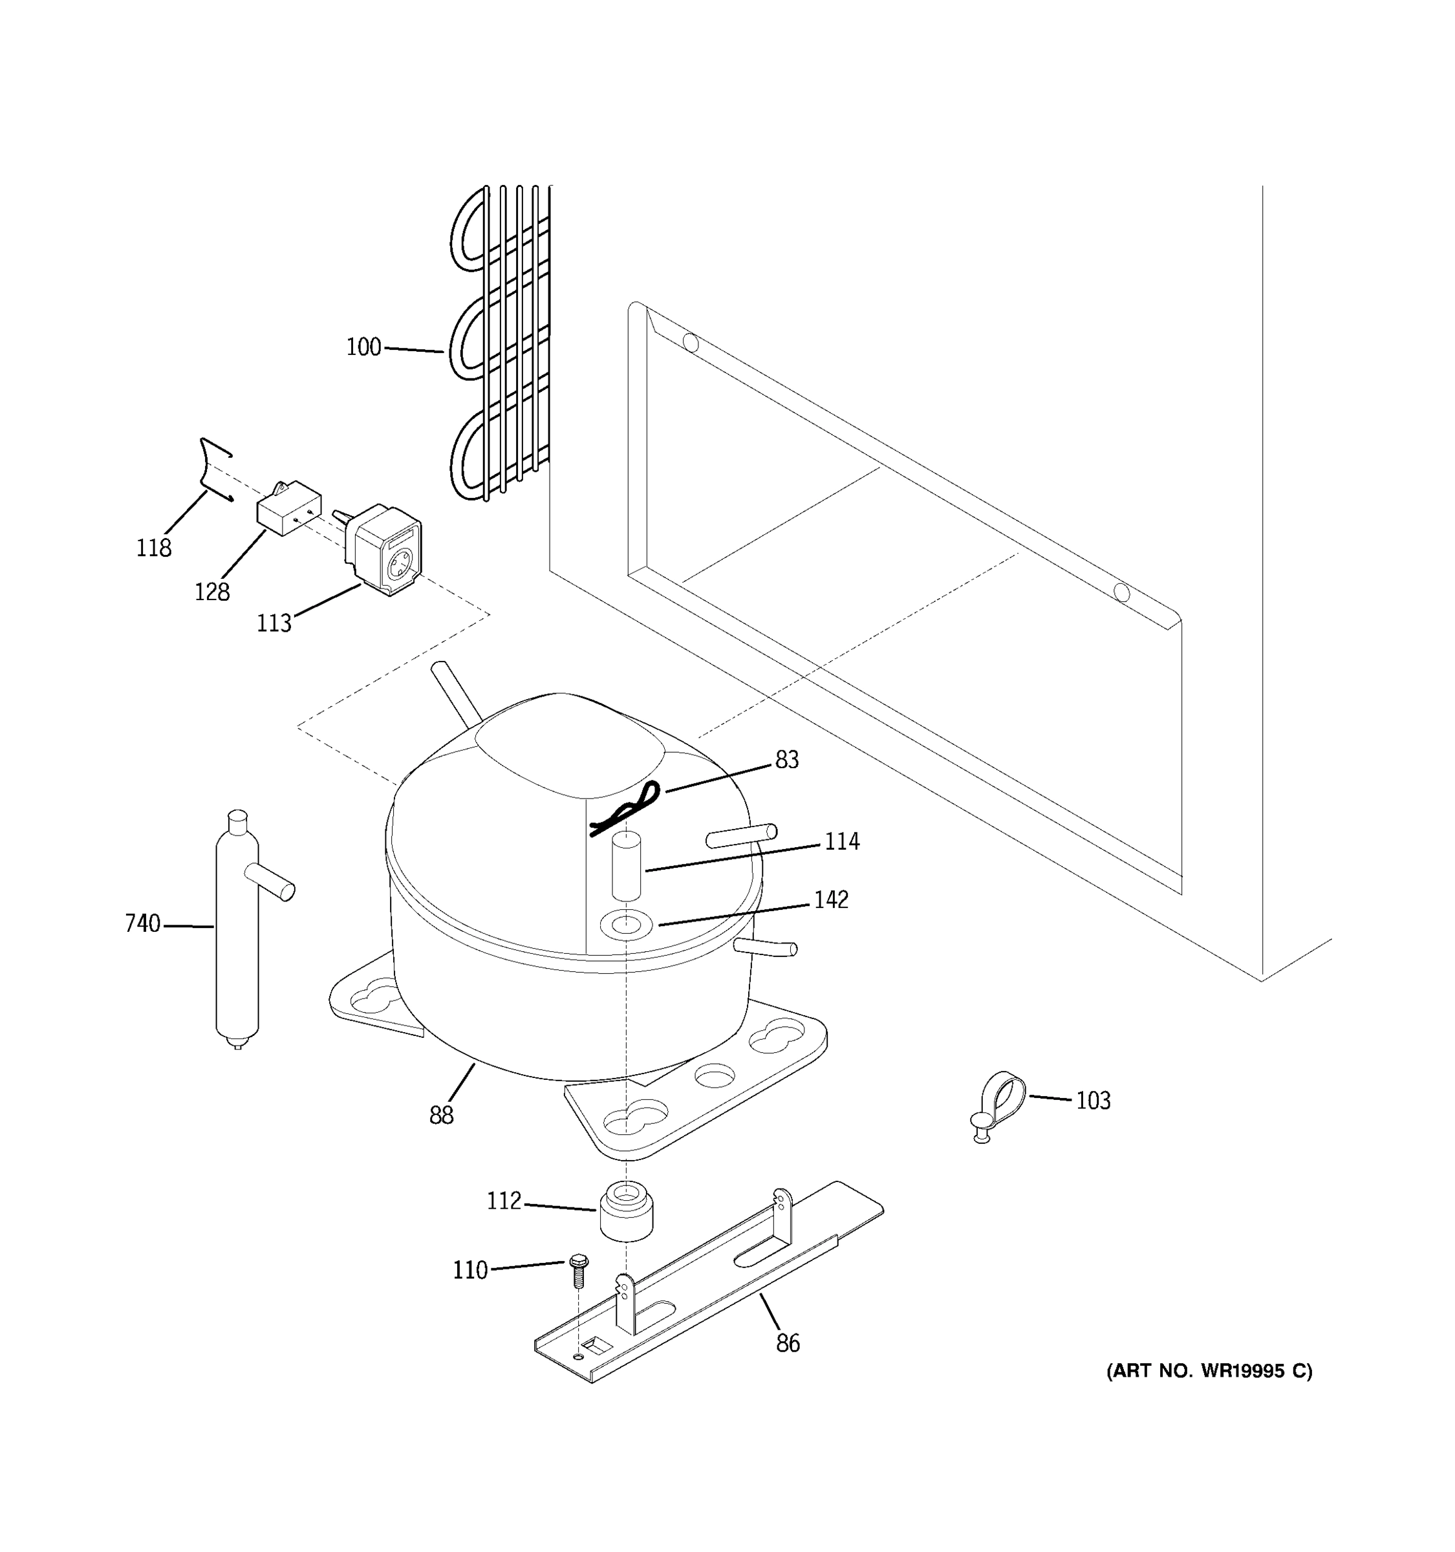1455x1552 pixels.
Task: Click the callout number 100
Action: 363,347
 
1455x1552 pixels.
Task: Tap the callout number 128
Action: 211,592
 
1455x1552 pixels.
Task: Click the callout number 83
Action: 787,760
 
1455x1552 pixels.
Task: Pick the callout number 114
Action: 842,841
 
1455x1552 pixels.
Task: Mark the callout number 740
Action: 142,923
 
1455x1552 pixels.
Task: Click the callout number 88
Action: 441,1115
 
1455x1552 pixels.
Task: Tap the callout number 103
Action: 1093,1101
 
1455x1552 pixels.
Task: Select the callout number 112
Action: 504,1201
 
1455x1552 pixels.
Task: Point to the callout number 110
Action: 470,1270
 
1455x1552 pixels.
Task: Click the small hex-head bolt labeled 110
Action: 578,1271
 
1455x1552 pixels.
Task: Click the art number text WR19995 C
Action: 1209,1371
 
